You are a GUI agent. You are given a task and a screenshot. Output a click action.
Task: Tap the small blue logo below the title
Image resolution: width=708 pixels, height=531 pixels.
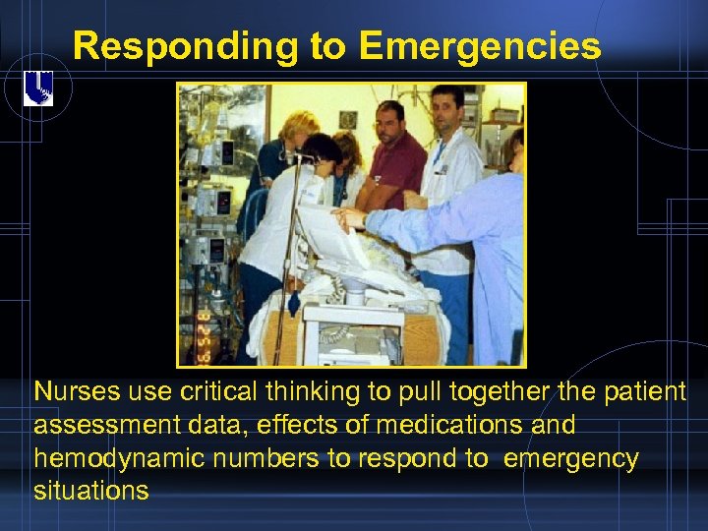(38, 90)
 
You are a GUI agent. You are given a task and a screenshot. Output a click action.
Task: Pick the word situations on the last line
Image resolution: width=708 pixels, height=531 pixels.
(90, 491)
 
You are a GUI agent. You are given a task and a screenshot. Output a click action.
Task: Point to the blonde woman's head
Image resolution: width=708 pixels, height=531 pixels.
(297, 128)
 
